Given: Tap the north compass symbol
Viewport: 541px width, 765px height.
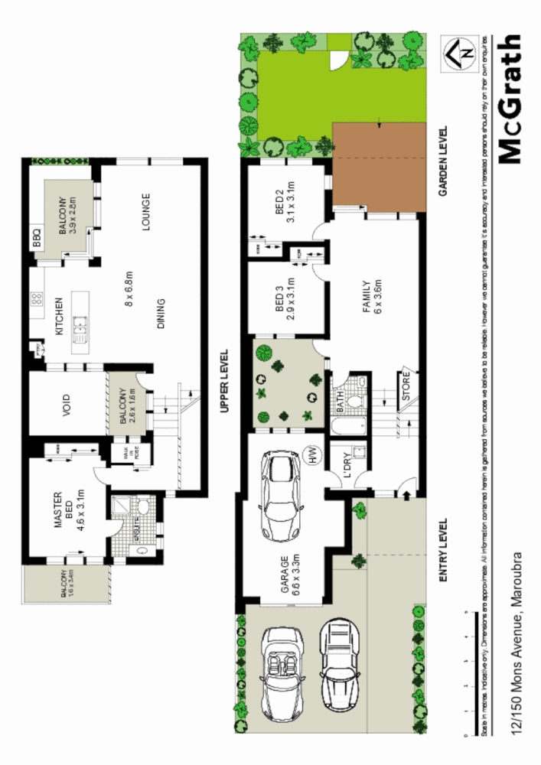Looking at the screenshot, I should click(x=461, y=52).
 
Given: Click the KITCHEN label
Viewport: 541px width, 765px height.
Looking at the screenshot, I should click(x=58, y=318).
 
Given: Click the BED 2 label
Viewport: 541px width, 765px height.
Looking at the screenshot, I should click(x=285, y=206).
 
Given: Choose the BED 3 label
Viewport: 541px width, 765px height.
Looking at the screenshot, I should click(x=285, y=300).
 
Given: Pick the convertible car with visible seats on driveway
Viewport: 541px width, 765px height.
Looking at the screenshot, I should click(x=282, y=668).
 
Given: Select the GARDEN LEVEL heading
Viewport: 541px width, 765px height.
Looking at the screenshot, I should click(x=442, y=161).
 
